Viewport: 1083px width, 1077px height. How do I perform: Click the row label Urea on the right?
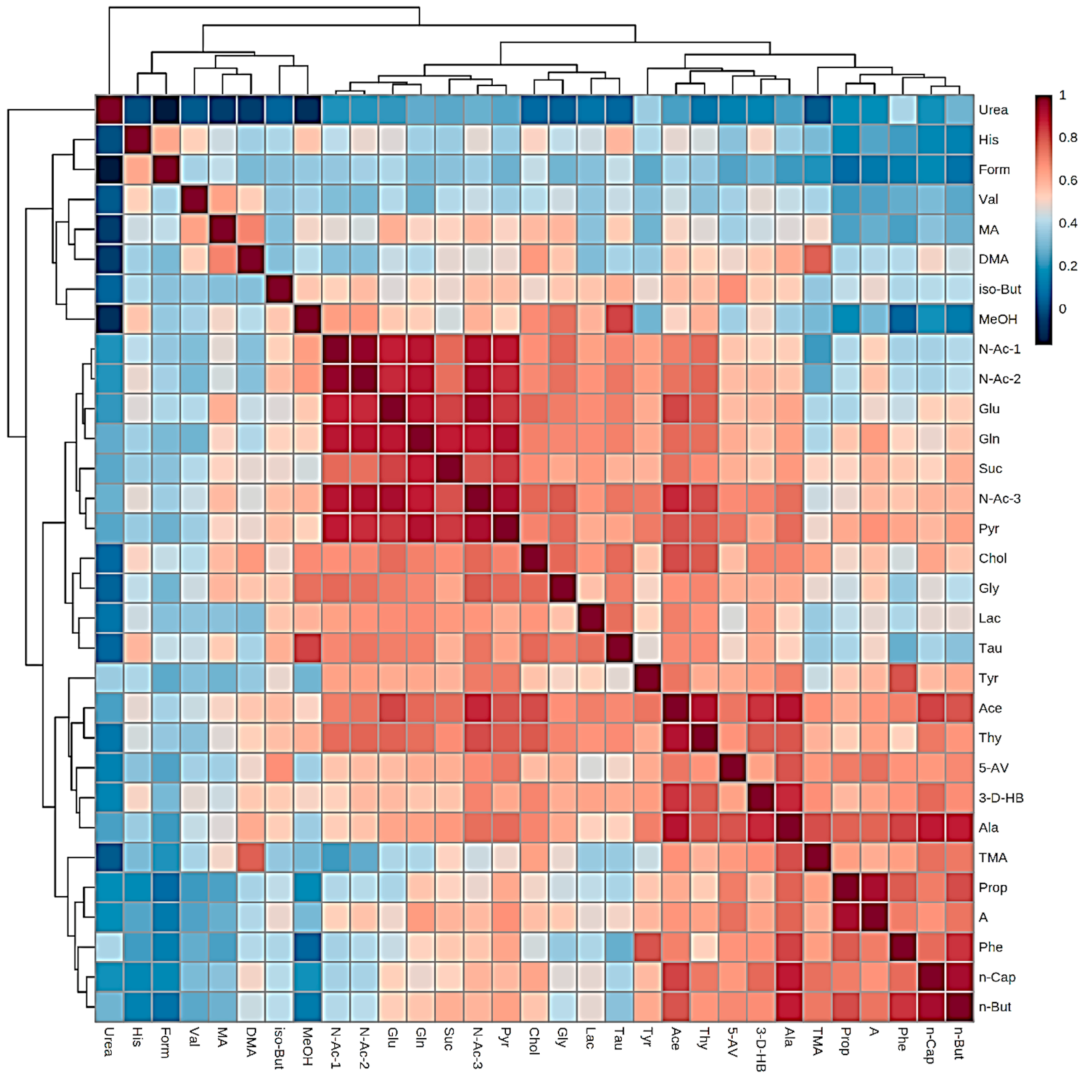(x=993, y=110)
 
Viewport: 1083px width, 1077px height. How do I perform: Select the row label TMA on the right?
(x=992, y=858)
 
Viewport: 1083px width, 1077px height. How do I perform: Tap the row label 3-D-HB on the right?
(x=1001, y=798)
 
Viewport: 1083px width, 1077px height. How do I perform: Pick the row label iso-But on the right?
(x=999, y=289)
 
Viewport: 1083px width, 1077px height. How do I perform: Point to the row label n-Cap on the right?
(x=997, y=977)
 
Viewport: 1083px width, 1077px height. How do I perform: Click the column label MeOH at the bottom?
(x=307, y=1045)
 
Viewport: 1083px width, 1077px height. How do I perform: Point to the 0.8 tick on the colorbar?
(x=1068, y=138)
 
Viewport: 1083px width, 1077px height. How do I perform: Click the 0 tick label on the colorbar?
(x=1062, y=309)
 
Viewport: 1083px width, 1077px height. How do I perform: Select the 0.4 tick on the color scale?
(x=1068, y=223)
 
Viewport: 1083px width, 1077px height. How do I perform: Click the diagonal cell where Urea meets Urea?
(x=109, y=110)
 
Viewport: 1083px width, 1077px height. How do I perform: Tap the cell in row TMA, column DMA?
(x=251, y=858)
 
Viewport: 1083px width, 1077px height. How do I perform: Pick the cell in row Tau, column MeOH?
(x=308, y=648)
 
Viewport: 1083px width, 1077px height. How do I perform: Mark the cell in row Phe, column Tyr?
(x=648, y=947)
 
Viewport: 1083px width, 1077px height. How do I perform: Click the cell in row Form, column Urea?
(x=109, y=170)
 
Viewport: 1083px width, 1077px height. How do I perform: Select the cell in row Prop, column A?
(x=875, y=887)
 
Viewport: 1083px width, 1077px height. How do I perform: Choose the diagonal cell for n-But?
(x=960, y=1006)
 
